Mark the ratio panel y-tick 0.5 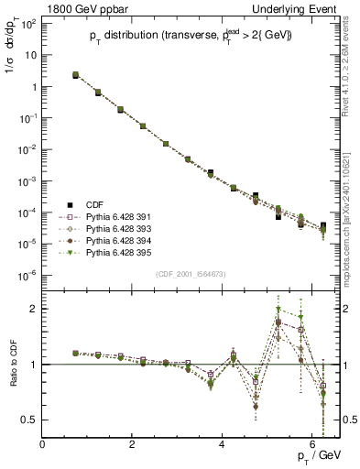[x=32, y=420]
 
